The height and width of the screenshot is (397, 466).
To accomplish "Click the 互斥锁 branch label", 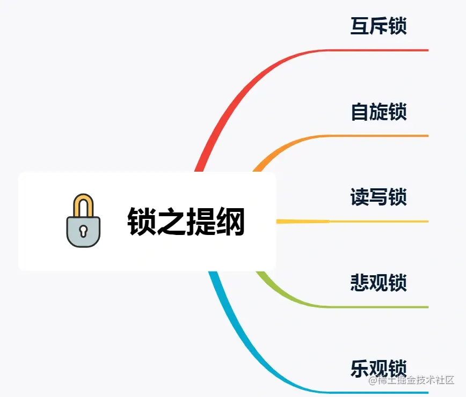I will tap(378, 26).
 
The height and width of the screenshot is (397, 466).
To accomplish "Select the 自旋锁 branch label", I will tap(378, 112).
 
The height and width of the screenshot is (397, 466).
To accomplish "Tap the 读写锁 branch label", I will tap(378, 197).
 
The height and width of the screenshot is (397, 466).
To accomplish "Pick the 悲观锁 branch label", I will tap(378, 283).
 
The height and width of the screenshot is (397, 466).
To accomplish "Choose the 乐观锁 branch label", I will tap(378, 368).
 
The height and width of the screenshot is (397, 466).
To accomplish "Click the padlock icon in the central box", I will tap(83, 221).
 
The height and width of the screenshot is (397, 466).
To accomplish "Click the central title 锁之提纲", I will tap(186, 222).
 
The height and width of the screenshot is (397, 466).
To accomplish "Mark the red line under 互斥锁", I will tap(376, 50).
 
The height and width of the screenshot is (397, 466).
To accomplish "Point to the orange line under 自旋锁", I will tap(376, 136).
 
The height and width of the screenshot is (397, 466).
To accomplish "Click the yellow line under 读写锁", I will tap(376, 221).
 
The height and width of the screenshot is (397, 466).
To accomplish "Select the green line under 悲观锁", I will tap(376, 307).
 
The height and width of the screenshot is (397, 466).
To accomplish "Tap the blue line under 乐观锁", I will tap(376, 392).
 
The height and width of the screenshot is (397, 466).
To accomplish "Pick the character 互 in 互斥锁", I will tap(360, 26).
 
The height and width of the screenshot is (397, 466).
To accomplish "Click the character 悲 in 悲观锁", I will tap(360, 283).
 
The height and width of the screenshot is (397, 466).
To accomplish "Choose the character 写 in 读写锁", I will tap(378, 197).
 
